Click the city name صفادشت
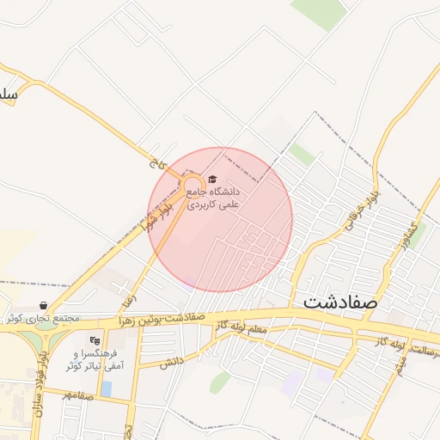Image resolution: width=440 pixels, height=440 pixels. click(341, 303)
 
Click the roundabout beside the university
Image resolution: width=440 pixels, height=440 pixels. click(191, 186)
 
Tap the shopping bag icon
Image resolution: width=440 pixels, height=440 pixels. click(43, 305)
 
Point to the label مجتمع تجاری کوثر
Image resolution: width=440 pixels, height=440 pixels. click(42, 319)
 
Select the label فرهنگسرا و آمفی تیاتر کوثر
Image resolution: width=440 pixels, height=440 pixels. click(95, 360)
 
